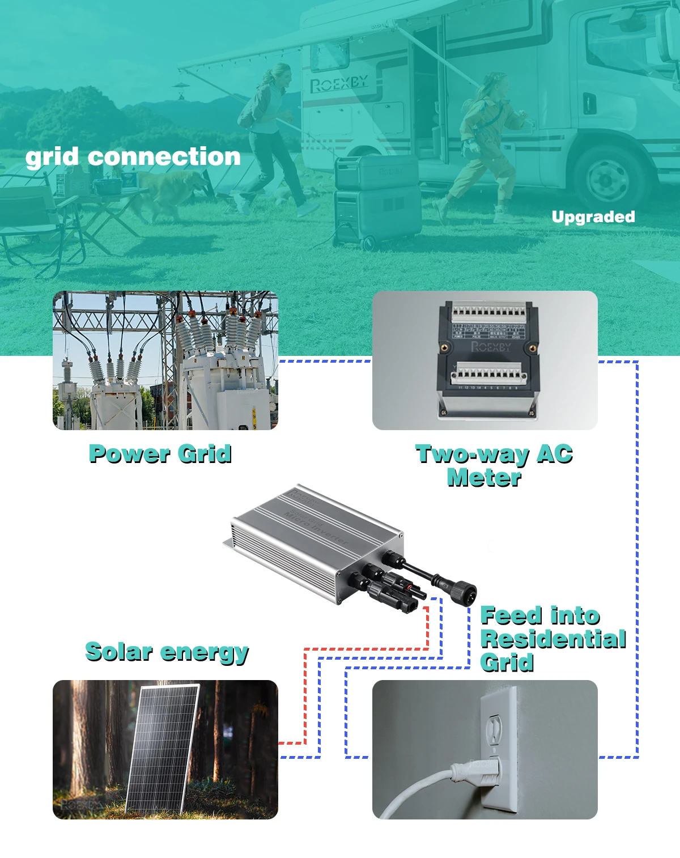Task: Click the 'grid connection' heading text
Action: click(x=133, y=157)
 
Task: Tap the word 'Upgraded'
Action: click(x=593, y=217)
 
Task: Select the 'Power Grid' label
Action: click(x=160, y=454)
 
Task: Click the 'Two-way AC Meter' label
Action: click(x=494, y=466)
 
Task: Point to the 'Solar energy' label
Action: click(x=167, y=652)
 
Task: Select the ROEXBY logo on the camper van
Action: click(x=339, y=84)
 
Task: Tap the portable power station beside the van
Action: click(x=377, y=201)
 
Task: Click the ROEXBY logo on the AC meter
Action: click(x=491, y=346)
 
